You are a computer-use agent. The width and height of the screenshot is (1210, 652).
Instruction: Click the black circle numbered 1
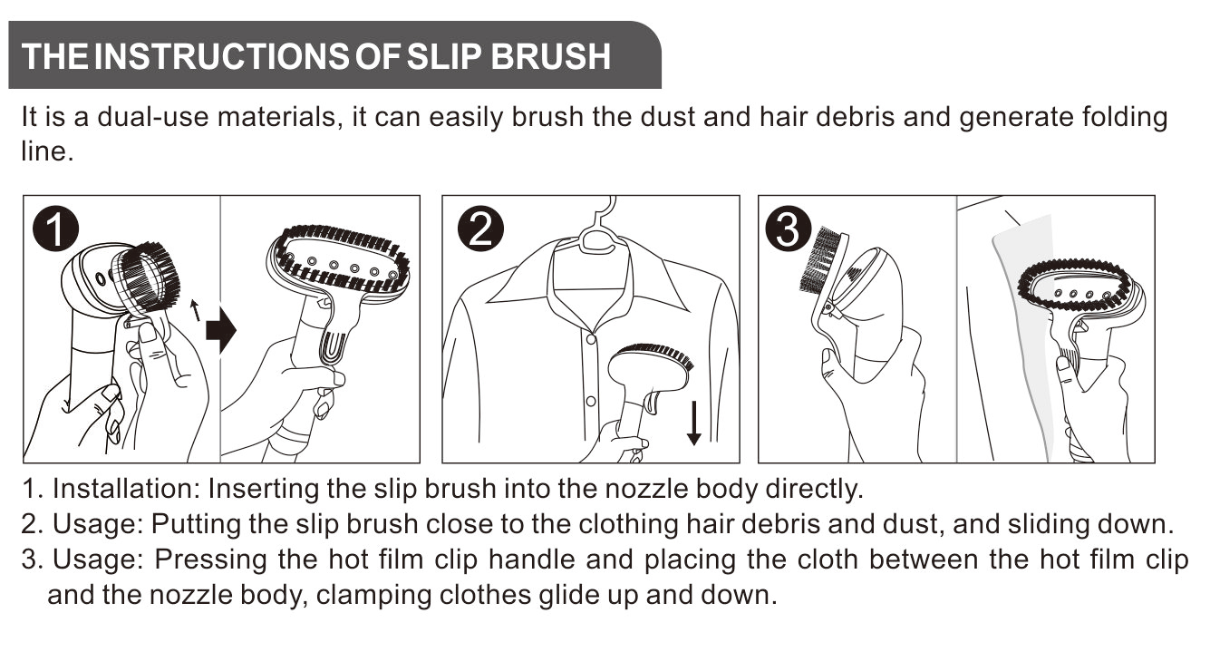[55, 229]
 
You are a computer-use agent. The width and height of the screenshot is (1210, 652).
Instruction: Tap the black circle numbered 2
[480, 229]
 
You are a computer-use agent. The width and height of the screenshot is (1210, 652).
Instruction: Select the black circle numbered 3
[789, 229]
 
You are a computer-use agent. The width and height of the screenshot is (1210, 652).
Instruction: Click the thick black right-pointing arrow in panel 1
[221, 329]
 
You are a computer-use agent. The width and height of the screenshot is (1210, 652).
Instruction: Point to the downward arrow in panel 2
[693, 423]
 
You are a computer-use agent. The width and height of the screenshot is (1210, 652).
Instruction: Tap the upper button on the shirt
[591, 339]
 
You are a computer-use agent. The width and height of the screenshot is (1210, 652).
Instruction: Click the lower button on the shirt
[591, 401]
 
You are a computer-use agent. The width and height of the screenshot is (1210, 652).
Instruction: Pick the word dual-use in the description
[153, 117]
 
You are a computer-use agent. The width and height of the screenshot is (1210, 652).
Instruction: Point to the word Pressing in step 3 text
[210, 560]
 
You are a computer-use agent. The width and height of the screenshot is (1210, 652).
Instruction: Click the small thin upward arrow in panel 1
[196, 310]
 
